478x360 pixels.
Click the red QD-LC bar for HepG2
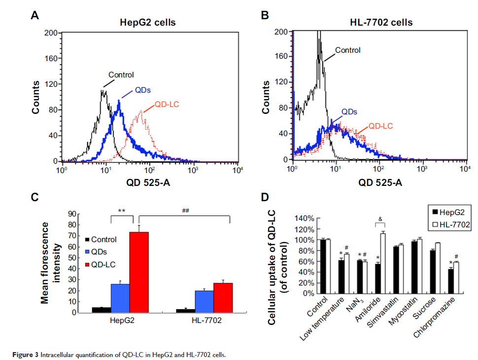tap(139, 272)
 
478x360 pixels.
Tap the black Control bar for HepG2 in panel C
tap(101, 310)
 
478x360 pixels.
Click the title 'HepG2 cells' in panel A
tap(147, 23)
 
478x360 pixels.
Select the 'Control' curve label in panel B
tap(347, 50)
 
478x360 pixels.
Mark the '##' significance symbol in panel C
tap(185, 211)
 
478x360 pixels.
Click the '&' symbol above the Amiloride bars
tap(379, 218)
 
